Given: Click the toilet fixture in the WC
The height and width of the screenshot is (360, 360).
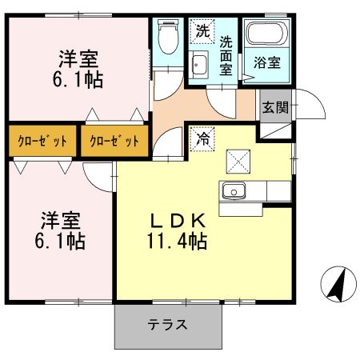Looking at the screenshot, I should click(167, 36).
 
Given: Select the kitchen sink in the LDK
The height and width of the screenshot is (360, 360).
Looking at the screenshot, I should click(234, 191).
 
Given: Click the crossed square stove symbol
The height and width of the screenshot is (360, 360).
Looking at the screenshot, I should click(238, 161).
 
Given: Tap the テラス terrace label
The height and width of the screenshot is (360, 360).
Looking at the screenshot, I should click(167, 325).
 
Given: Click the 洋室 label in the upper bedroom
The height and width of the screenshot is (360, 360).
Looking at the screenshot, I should click(78, 60).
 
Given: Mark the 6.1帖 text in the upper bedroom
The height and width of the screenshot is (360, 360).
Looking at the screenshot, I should click(78, 80).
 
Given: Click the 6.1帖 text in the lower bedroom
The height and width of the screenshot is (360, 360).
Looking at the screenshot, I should click(61, 239).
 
